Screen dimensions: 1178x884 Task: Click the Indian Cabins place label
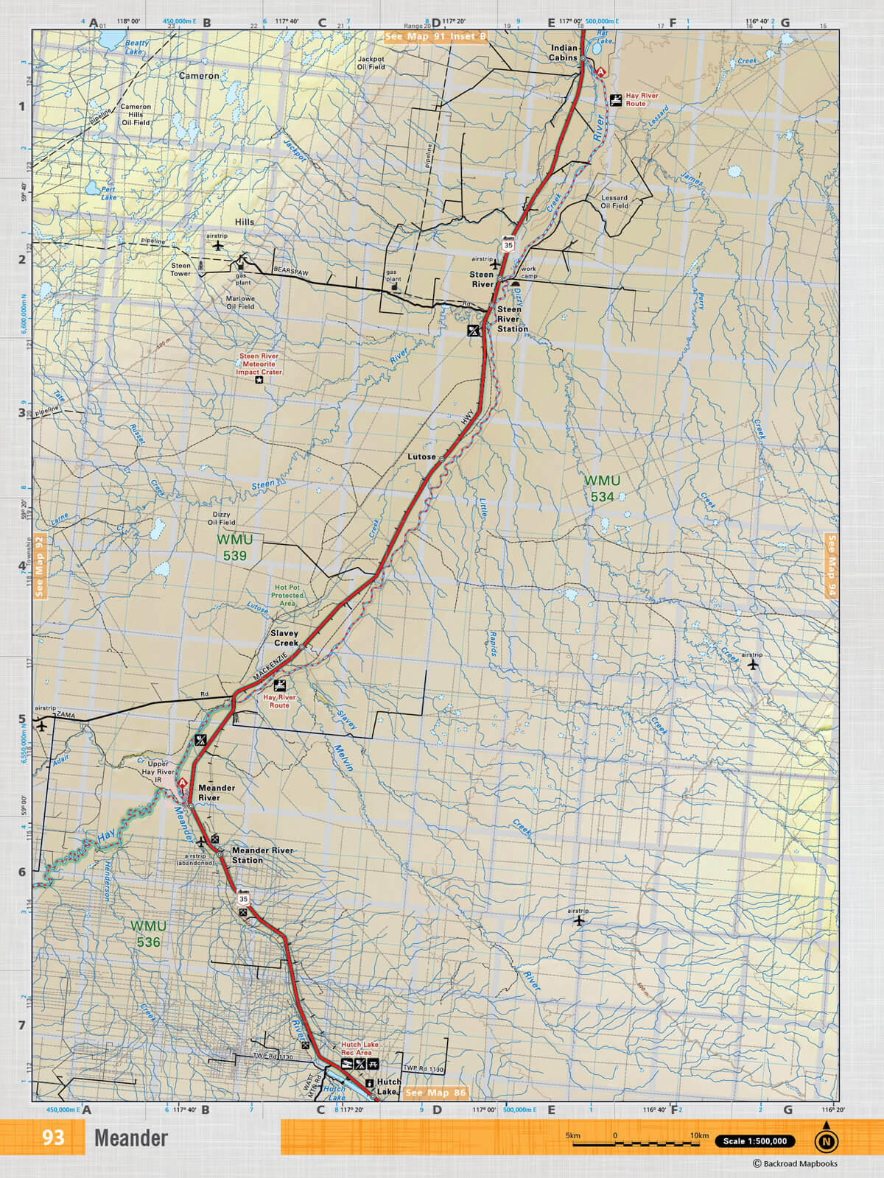[564, 52]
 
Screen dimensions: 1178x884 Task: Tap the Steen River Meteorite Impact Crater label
[259, 364]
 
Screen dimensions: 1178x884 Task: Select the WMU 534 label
[602, 489]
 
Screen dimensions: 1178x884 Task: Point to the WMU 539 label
[234, 548]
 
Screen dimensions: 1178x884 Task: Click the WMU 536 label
[148, 934]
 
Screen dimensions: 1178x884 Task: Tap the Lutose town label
[421, 456]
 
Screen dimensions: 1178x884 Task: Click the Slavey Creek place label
[284, 638]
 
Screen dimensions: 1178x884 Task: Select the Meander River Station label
[262, 855]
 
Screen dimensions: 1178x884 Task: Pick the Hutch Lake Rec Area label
[359, 1048]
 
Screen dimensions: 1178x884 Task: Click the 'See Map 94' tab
[832, 565]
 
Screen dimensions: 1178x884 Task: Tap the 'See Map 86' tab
[435, 1093]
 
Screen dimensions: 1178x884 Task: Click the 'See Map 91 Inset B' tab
[435, 36]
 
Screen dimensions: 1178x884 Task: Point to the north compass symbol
[826, 1140]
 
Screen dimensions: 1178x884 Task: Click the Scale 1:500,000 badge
[754, 1141]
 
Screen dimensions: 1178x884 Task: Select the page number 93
[52, 1138]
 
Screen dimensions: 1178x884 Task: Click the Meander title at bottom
[131, 1138]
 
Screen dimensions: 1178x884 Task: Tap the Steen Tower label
[180, 269]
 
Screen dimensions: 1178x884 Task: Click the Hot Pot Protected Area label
[287, 595]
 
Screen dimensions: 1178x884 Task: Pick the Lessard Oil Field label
[614, 202]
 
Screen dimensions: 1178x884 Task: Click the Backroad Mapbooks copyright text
[795, 1164]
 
